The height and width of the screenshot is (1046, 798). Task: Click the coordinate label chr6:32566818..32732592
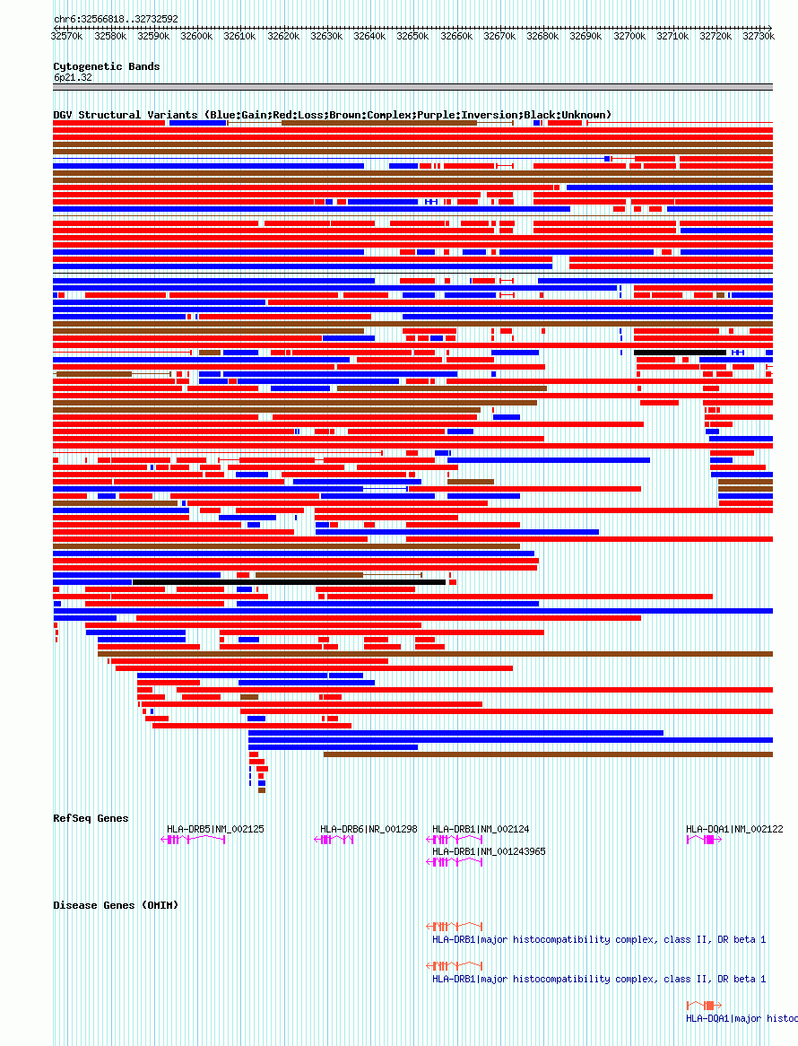pyautogui.click(x=116, y=19)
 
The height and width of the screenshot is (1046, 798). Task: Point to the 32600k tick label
pyautogui.click(x=196, y=36)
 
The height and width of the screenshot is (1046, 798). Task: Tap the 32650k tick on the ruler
pyautogui.click(x=412, y=36)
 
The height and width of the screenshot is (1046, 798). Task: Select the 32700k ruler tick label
pyautogui.click(x=629, y=36)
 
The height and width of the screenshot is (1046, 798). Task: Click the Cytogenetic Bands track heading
pyautogui.click(x=107, y=66)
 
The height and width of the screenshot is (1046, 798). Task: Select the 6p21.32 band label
pyautogui.click(x=73, y=78)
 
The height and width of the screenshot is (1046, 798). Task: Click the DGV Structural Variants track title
pyautogui.click(x=332, y=115)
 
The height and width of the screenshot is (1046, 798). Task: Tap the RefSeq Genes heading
pyautogui.click(x=91, y=818)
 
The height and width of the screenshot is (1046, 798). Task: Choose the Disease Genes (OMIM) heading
pyautogui.click(x=116, y=905)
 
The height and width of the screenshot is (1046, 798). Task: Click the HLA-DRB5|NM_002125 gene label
pyautogui.click(x=215, y=829)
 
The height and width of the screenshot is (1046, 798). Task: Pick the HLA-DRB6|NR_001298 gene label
pyautogui.click(x=369, y=829)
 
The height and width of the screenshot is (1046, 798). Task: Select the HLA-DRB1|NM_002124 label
pyautogui.click(x=481, y=829)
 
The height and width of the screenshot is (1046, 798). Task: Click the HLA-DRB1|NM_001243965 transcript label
pyautogui.click(x=489, y=851)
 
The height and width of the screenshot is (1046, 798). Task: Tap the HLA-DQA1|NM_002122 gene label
pyautogui.click(x=734, y=829)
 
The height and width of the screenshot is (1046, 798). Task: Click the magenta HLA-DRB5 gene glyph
pyautogui.click(x=193, y=840)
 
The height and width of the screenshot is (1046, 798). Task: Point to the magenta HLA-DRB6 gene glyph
pyautogui.click(x=334, y=840)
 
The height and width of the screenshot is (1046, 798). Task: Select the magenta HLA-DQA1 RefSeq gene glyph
pyautogui.click(x=704, y=840)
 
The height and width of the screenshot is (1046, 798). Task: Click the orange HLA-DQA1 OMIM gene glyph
pyautogui.click(x=705, y=1005)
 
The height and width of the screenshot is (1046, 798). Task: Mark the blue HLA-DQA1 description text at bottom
pyautogui.click(x=742, y=1018)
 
